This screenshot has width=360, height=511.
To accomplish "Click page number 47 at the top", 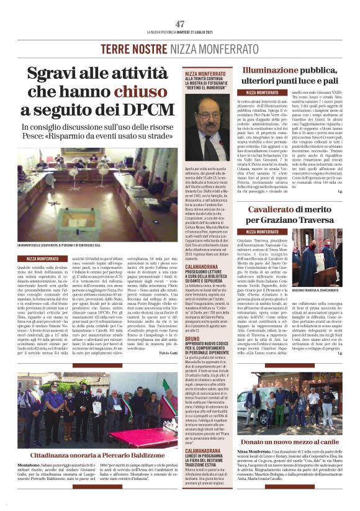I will coord(180,24).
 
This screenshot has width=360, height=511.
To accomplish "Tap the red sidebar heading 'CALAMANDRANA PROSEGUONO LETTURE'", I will coord(202,266).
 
